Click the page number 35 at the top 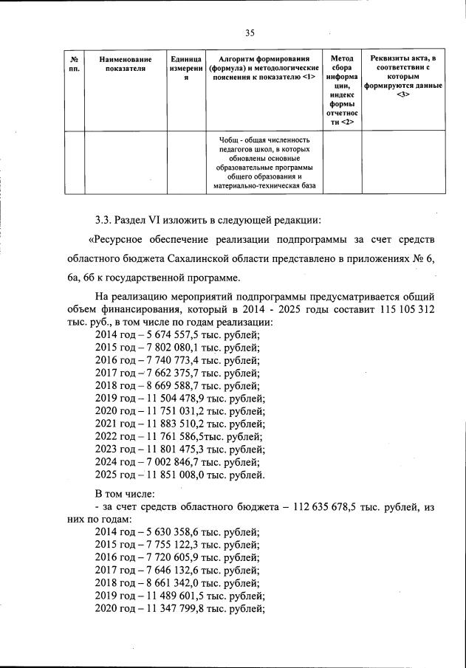pyautogui.click(x=249, y=32)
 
